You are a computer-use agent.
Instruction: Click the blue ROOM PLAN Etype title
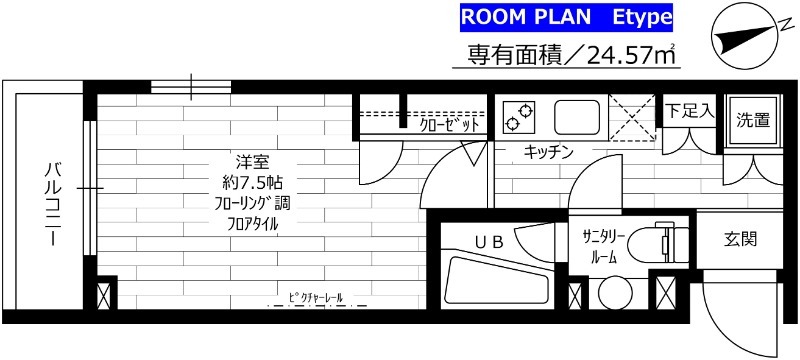566,17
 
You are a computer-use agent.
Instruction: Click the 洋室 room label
252,163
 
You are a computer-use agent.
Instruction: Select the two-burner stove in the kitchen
520,116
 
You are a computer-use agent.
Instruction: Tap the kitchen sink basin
574,117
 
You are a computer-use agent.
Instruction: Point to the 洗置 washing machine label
753,121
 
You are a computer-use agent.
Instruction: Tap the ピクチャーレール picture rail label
316,299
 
